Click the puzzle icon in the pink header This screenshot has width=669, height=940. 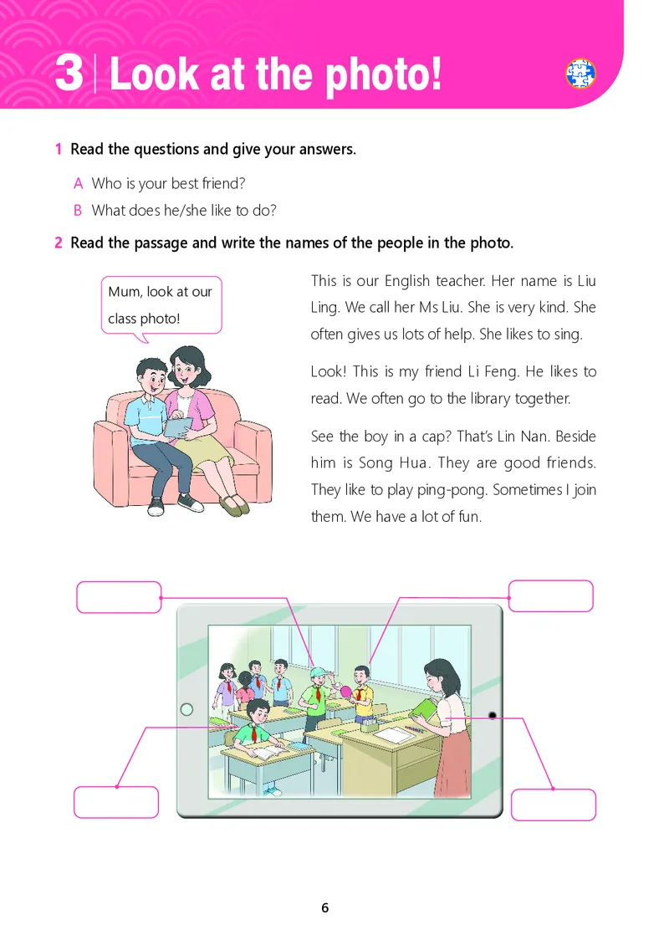tap(580, 74)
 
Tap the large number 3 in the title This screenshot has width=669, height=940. tap(69, 73)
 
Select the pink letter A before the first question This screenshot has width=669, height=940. tap(78, 183)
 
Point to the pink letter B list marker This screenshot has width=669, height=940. tap(78, 211)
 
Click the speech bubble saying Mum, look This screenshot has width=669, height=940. tap(161, 305)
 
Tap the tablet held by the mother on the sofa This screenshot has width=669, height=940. tap(178, 427)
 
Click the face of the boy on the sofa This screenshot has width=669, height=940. tap(154, 380)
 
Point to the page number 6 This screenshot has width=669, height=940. tap(325, 907)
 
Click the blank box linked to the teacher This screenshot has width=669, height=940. tap(554, 805)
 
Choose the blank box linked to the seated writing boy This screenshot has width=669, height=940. tap(116, 802)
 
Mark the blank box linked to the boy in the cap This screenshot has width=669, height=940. tap(119, 597)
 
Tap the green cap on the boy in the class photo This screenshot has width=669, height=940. tap(318, 672)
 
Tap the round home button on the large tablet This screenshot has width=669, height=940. tap(186, 709)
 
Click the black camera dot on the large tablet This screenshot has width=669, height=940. tap(493, 715)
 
